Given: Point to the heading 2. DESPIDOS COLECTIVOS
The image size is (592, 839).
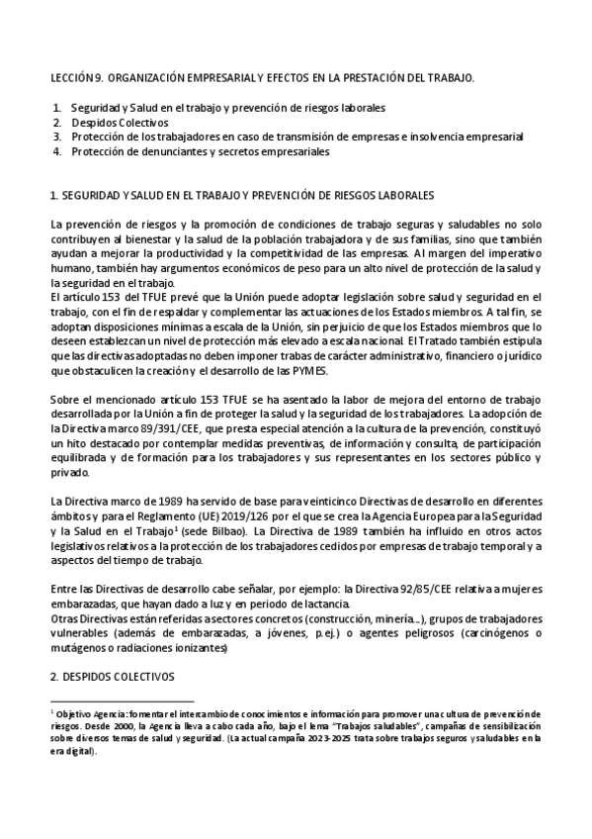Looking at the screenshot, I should pos(112,677).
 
